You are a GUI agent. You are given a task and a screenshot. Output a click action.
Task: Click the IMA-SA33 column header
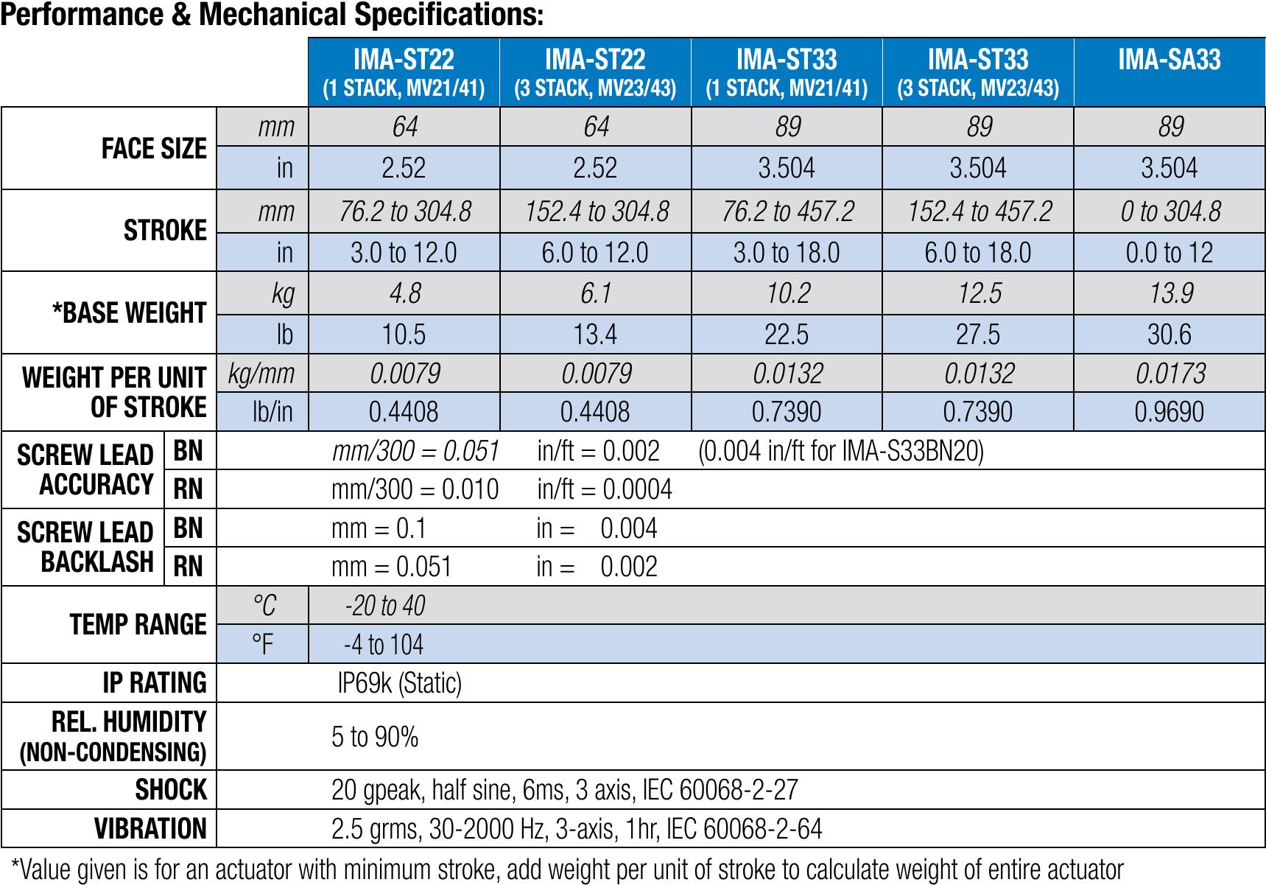[1169, 60]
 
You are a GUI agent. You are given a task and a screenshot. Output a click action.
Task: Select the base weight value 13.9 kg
[1170, 293]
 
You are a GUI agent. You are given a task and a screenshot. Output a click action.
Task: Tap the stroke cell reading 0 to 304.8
[1170, 212]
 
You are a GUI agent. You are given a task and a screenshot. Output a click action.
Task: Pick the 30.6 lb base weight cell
[1170, 335]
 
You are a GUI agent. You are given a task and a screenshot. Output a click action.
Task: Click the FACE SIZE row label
[154, 149]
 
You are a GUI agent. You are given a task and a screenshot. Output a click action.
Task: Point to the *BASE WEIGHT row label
[130, 312]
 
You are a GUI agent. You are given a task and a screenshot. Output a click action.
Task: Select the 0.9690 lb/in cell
[1170, 411]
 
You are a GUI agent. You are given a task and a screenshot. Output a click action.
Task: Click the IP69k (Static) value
[399, 683]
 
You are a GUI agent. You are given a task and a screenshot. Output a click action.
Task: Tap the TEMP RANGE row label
[138, 625]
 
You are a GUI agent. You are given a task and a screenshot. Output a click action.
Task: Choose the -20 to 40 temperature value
[384, 606]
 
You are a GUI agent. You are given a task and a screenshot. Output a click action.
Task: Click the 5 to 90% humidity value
[375, 736]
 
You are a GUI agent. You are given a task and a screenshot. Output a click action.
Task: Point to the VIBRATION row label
[150, 828]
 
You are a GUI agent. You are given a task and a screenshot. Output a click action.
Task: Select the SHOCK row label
[171, 790]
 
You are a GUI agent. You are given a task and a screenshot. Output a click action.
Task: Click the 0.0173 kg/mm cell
[1170, 373]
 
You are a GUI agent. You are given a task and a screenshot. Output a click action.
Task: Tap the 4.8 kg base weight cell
[404, 293]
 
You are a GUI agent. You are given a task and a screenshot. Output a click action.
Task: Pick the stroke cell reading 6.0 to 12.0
[595, 253]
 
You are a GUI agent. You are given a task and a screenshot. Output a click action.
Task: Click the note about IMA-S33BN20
[840, 451]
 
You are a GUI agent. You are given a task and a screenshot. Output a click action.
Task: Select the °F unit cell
[262, 645]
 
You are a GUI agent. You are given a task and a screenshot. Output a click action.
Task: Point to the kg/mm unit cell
[261, 373]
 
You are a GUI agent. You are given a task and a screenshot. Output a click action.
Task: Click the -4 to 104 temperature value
[383, 645]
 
